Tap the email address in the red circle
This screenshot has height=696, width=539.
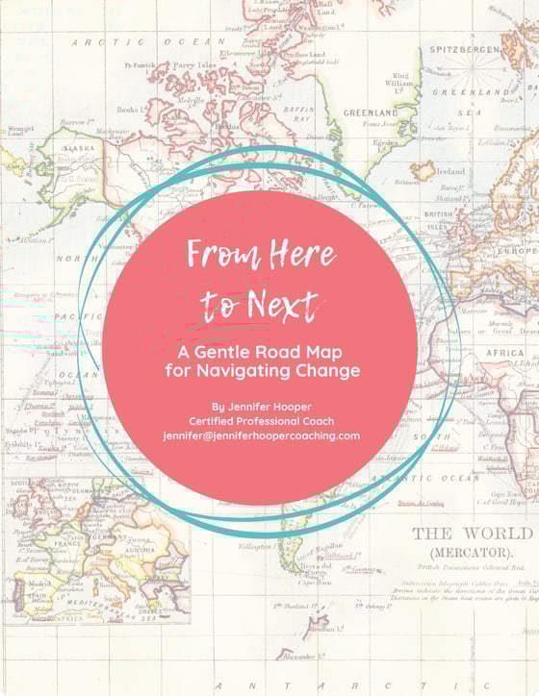(x=261, y=435)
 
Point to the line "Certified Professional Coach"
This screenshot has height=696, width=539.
(x=261, y=421)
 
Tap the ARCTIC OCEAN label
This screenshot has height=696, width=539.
(x=144, y=41)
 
